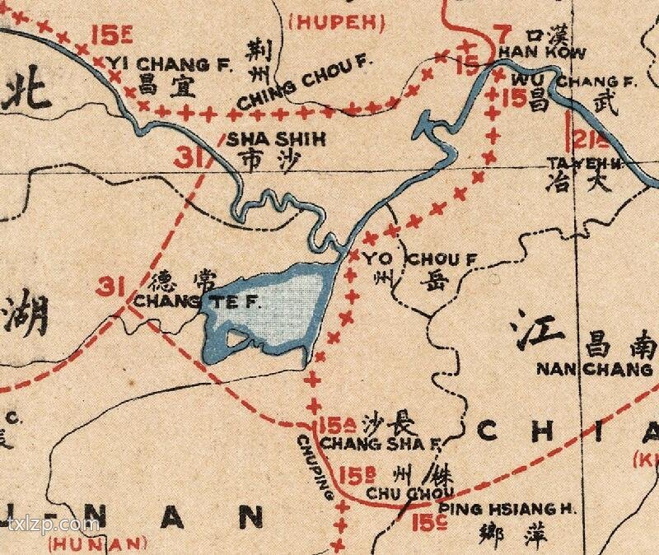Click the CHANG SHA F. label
(x=380, y=444)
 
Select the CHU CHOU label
(x=394, y=492)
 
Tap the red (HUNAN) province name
(x=97, y=543)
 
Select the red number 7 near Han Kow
(x=504, y=35)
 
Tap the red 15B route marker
(x=353, y=476)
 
